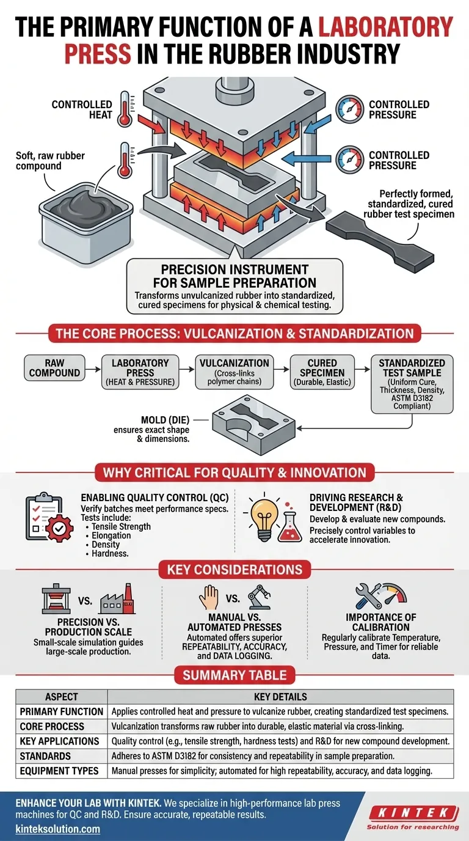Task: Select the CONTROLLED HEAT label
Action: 82,109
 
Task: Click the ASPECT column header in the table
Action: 61,697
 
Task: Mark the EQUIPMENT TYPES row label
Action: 59,771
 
